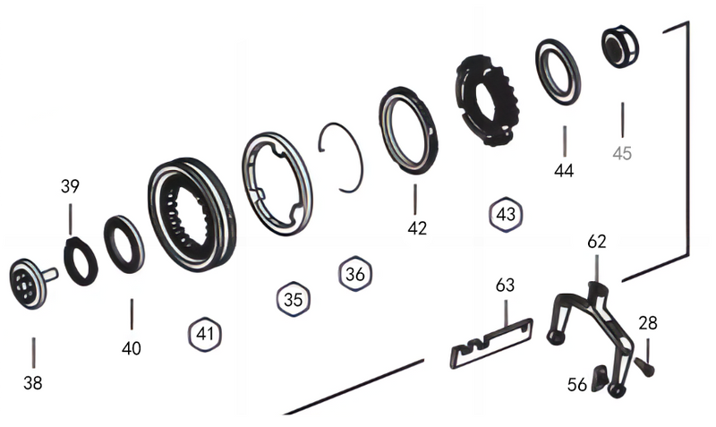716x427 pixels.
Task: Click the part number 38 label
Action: click(33, 382)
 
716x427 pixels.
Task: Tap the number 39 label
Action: click(71, 187)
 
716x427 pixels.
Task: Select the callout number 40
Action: click(132, 347)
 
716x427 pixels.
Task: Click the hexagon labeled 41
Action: click(206, 335)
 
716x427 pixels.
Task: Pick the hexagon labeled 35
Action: click(294, 300)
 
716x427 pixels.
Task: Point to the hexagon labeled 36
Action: click(354, 274)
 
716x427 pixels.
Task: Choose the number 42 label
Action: click(417, 227)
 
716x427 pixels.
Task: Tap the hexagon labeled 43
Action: click(506, 214)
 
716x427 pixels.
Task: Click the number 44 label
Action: click(565, 170)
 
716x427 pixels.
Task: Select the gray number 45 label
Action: click(622, 153)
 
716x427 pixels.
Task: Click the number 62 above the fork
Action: click(597, 241)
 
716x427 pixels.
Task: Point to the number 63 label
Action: click(506, 286)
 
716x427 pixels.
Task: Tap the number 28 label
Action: click(647, 323)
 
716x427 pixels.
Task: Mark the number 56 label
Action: click(577, 384)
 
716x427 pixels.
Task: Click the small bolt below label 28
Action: click(646, 364)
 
